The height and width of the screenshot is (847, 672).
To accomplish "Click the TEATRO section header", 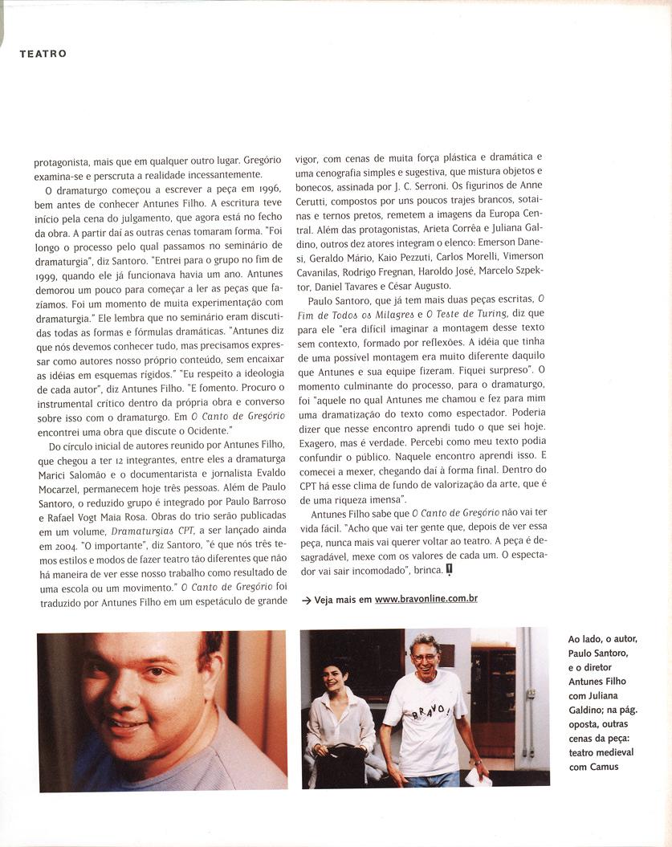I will click(43, 54).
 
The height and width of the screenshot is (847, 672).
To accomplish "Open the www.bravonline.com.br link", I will click(426, 599).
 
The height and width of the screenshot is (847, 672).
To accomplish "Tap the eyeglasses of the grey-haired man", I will click(425, 658).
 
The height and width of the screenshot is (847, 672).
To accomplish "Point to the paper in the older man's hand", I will click(479, 776).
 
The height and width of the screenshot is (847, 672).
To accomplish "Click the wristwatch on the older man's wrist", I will click(475, 760).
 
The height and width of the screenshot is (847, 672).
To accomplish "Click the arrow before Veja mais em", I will click(306, 600).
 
